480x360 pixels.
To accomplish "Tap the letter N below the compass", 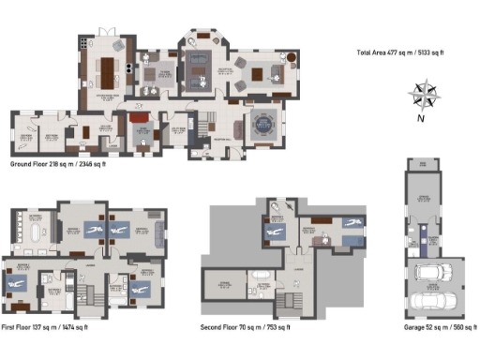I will click(422, 118).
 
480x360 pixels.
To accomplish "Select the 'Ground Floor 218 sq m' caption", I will click(57, 164).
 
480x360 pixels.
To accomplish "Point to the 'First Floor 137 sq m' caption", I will click(45, 328).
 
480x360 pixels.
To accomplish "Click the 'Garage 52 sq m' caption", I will click(434, 328).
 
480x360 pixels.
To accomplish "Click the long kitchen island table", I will click(105, 70).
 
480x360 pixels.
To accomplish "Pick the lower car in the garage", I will click(432, 303).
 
